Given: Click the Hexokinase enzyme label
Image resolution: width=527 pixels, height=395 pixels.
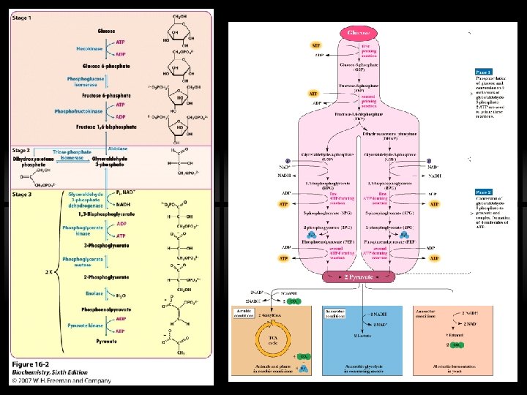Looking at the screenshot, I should pyautogui.click(x=93, y=48).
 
